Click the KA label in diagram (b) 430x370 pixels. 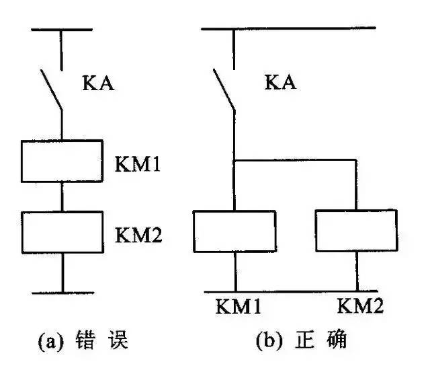pos(280,83)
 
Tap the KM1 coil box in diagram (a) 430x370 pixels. pos(62,161)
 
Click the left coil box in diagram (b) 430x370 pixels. pos(234,231)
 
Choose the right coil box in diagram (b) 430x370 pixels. pos(355,231)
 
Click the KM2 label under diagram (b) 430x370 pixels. pos(360,307)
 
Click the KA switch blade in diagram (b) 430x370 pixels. pos(224,90)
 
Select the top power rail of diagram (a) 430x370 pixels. pos(62,30)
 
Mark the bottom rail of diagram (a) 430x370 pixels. pos(62,293)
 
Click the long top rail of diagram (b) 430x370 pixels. pos(289,28)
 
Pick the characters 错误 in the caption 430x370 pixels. pos(105,341)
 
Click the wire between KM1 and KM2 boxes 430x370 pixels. pos(62,196)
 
